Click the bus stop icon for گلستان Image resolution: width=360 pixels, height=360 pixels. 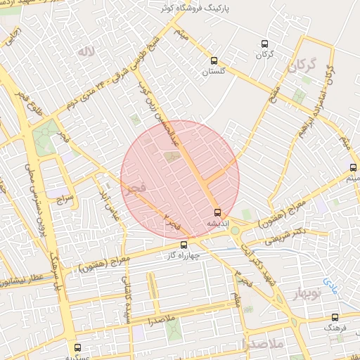(x=214, y=60)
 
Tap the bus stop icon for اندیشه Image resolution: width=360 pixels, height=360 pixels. (x=217, y=212)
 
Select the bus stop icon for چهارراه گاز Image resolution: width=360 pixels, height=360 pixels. (x=184, y=245)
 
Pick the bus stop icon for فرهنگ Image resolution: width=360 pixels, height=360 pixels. (x=335, y=317)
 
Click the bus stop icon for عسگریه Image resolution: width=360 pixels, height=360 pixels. (x=77, y=347)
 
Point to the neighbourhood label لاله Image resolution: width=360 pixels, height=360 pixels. (x=86, y=51)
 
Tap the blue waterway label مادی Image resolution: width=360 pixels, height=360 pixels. (x=330, y=285)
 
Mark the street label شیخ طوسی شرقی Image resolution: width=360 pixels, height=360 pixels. (x=150, y=53)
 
